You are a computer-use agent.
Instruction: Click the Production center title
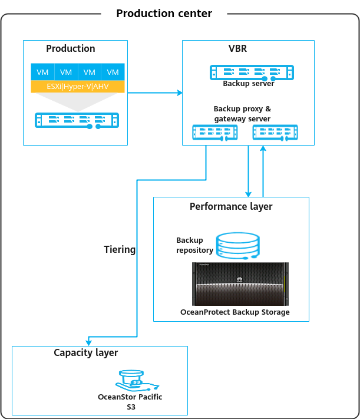click(164, 13)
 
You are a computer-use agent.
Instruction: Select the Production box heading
click(71, 49)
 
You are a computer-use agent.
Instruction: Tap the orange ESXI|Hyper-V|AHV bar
click(78, 87)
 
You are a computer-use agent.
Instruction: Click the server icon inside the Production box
click(77, 120)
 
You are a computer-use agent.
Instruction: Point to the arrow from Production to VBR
click(154, 93)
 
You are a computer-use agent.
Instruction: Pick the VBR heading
click(239, 49)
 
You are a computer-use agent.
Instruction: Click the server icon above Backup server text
click(252, 72)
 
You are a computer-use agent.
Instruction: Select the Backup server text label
click(248, 84)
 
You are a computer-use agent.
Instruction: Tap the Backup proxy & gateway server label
click(242, 114)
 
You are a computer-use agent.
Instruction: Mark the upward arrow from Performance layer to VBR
click(263, 171)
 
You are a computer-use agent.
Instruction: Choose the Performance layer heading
click(231, 207)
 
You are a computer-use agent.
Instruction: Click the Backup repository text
click(194, 245)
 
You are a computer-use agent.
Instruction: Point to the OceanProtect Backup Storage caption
click(235, 312)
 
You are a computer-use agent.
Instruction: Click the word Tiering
click(120, 249)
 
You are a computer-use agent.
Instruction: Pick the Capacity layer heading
click(86, 353)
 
